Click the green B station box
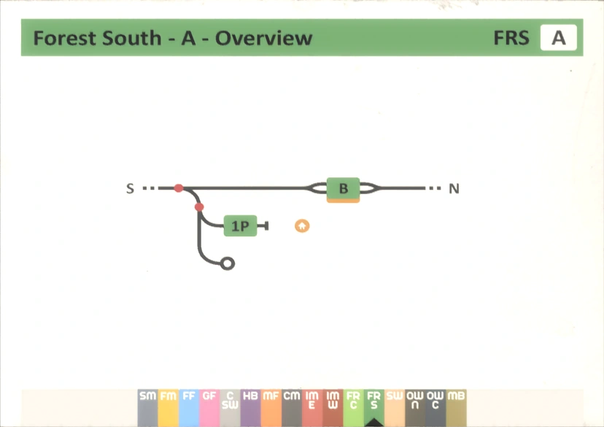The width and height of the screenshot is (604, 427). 343,189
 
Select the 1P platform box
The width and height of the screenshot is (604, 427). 240,226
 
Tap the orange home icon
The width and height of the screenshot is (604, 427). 302,226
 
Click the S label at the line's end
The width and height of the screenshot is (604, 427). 130,189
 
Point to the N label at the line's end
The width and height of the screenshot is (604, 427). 454,189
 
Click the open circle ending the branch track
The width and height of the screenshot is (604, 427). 228,263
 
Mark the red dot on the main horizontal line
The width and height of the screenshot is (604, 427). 179,188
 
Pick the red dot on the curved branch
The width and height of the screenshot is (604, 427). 199,207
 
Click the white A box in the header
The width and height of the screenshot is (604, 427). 558,38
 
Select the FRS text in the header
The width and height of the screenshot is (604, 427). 511,38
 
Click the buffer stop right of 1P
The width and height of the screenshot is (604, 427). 266,226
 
